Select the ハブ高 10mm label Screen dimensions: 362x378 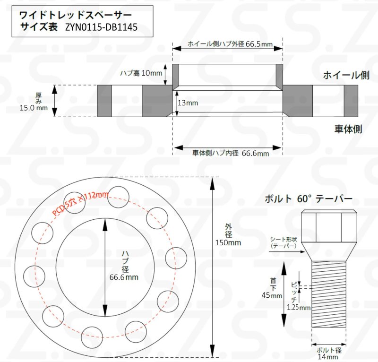point(141,73)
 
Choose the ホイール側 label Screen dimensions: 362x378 point(345,75)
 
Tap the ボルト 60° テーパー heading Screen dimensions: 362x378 point(308,199)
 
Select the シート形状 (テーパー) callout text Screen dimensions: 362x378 point(283,242)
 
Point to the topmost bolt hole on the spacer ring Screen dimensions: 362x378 point(118,197)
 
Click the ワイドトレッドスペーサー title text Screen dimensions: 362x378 point(72,15)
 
